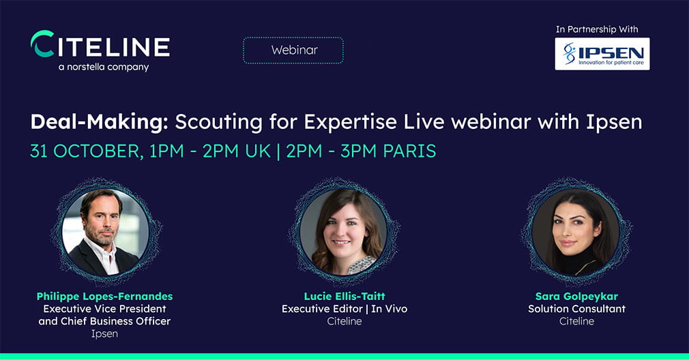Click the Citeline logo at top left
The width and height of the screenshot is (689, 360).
(100, 44)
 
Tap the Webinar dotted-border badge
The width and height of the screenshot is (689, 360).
(293, 50)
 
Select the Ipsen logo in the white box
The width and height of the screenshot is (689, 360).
(602, 54)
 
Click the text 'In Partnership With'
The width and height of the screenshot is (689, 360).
(597, 29)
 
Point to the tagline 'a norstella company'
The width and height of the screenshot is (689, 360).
(104, 67)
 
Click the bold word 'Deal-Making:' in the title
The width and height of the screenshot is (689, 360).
(100, 122)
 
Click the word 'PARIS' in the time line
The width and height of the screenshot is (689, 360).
(409, 151)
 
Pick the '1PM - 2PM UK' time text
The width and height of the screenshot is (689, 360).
(210, 151)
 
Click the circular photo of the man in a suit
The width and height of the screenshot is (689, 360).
(106, 232)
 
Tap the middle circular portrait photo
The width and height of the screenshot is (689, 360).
(344, 232)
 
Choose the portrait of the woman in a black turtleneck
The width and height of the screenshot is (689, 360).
(576, 232)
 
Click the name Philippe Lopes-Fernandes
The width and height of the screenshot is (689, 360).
(104, 297)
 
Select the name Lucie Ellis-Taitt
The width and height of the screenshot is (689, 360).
(344, 297)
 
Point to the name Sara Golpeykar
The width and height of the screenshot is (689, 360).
(576, 297)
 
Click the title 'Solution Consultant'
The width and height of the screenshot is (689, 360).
(576, 309)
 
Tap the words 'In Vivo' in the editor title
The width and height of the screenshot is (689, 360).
(390, 309)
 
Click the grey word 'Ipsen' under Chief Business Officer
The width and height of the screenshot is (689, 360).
(104, 333)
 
